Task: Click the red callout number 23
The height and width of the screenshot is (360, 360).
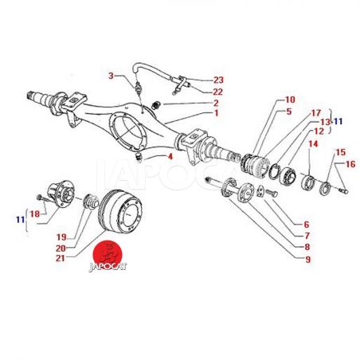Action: point(218,80)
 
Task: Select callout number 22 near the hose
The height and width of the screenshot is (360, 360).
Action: point(218,92)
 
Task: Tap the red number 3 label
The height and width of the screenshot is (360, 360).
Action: point(111,76)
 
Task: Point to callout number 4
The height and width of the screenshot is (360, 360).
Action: point(170,157)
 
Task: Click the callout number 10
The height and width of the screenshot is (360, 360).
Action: point(290,100)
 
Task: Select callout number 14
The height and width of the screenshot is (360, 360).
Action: point(313,144)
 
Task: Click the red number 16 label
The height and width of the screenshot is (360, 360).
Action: point(350,164)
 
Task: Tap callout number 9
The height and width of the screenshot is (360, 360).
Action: point(307,260)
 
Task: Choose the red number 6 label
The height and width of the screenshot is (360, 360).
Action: point(307,225)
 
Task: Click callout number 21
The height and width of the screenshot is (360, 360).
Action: point(61,258)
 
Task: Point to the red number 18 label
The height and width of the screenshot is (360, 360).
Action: point(35,214)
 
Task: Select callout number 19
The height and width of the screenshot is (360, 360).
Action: point(61,237)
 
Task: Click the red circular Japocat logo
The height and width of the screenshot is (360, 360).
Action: point(108,254)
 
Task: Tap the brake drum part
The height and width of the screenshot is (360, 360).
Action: point(120,211)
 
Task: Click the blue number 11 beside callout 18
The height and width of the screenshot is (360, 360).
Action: point(21,220)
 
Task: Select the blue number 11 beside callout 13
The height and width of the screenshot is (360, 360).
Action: point(338,122)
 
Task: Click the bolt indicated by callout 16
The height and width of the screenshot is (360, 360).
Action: point(344,190)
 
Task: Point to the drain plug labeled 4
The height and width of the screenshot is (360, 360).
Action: point(139,156)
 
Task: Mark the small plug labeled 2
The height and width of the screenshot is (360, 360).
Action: point(155,105)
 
